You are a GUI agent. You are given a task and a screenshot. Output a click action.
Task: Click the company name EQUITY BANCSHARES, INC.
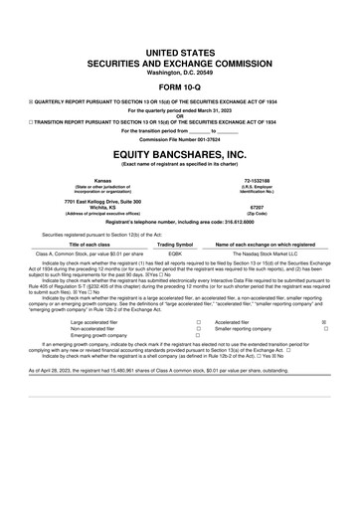(x=179, y=155)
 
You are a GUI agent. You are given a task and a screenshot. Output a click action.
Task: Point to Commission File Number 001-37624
(x=179, y=138)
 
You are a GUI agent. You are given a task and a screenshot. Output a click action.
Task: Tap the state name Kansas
(x=91, y=181)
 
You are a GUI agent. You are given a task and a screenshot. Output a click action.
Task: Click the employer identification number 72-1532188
(x=270, y=181)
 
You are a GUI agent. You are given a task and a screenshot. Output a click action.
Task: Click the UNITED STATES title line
(x=179, y=35)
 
